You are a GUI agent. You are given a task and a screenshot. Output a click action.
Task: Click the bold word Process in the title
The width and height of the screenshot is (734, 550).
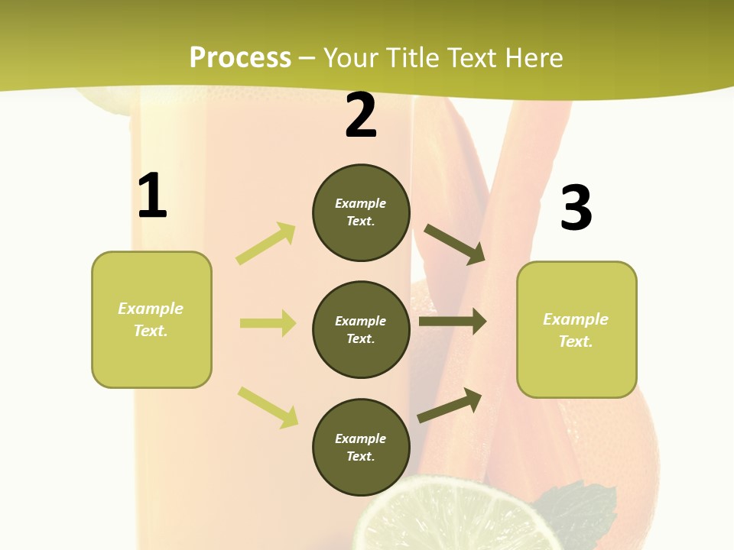click(x=240, y=58)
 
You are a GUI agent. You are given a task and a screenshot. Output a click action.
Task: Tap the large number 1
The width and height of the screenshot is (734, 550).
click(x=152, y=196)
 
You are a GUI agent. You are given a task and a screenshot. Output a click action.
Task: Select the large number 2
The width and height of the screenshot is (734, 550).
click(x=361, y=115)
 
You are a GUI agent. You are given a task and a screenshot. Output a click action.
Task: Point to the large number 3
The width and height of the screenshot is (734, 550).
click(x=576, y=208)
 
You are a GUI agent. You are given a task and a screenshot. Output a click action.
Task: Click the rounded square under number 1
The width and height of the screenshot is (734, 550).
click(x=151, y=319)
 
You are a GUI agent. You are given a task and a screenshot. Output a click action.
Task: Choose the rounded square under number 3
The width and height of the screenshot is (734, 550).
click(x=576, y=329)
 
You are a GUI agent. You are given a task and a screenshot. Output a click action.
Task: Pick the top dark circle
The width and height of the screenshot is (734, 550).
click(x=361, y=212)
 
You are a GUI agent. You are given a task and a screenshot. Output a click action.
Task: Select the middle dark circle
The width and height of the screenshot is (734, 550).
click(x=361, y=329)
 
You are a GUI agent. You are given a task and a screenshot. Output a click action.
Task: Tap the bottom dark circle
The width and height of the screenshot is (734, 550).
click(x=361, y=447)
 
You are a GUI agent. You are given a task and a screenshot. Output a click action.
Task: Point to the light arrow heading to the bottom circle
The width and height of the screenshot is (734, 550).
click(x=268, y=406)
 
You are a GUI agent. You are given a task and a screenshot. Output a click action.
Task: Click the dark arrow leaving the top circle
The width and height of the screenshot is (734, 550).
click(x=455, y=244)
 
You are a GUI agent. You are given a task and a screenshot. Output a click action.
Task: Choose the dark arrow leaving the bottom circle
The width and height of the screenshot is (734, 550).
click(x=450, y=405)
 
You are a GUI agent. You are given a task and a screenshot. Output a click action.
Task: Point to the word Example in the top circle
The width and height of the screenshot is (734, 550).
click(x=361, y=203)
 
